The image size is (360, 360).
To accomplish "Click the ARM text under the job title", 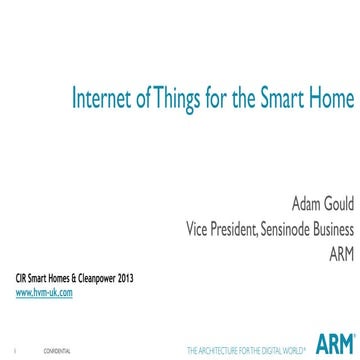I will [x=332, y=256].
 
